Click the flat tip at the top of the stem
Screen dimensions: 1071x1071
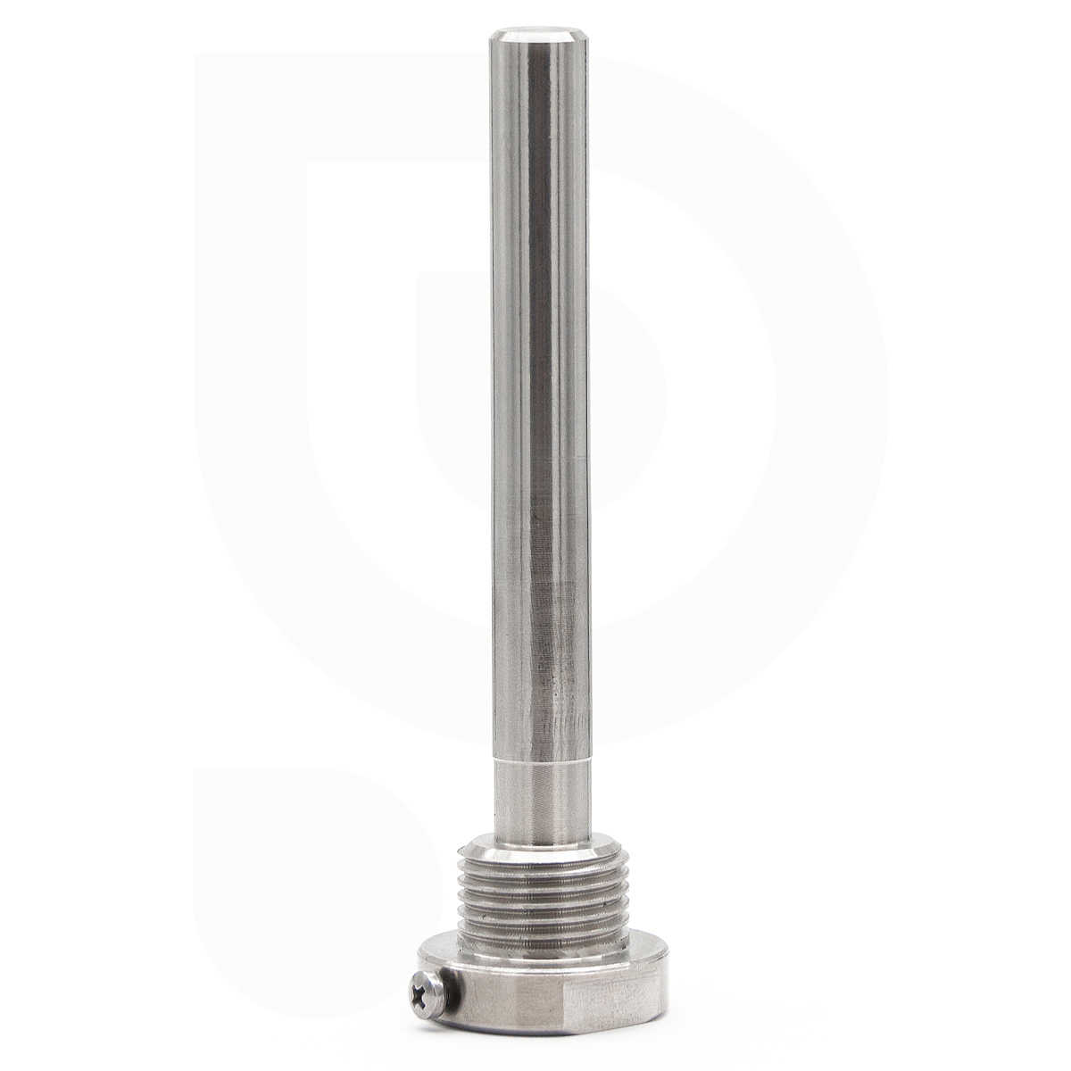tap(538, 37)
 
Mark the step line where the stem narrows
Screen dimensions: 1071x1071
tap(540, 761)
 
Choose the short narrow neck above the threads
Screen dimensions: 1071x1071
tap(540, 799)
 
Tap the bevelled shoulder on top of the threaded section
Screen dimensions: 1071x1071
tap(540, 844)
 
